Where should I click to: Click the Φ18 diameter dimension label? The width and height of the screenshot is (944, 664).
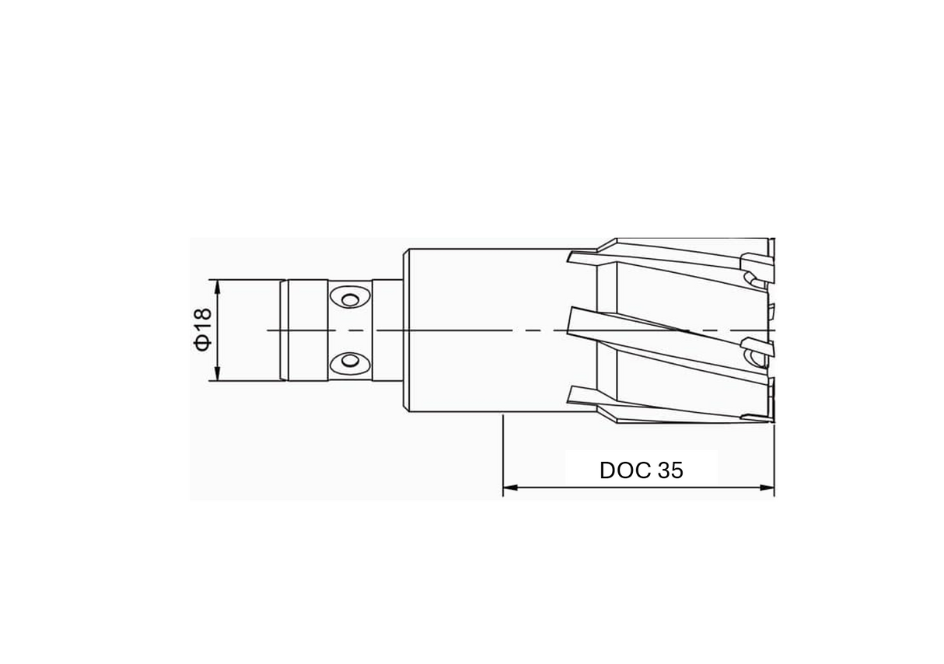point(203,330)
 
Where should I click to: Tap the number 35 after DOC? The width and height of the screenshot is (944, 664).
point(670,470)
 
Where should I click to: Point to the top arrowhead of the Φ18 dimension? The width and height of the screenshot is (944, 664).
point(218,285)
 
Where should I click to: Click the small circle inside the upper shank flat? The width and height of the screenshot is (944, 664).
point(349,299)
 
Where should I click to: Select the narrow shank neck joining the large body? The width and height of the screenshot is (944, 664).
point(387,330)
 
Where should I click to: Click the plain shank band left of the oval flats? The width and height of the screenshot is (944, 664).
point(308,330)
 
